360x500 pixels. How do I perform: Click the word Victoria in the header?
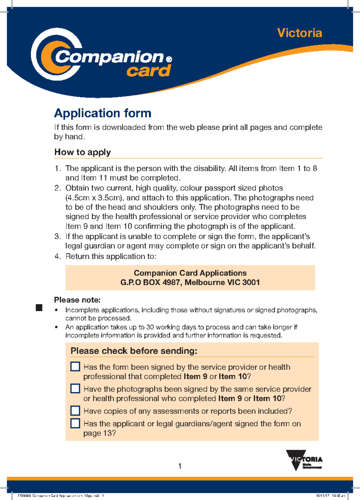point(299,33)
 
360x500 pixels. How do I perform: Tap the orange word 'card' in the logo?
point(148,71)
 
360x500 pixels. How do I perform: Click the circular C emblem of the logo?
point(54,55)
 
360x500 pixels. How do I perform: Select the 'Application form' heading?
point(103,113)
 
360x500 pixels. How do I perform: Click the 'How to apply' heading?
point(82,152)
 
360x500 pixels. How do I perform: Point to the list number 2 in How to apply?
point(57,188)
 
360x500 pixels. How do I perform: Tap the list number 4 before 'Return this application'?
point(57,256)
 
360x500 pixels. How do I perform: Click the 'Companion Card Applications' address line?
point(190,273)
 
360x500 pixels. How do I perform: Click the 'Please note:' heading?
point(77,300)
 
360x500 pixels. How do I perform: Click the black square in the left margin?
point(39,308)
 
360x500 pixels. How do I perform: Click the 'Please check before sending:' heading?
point(134,351)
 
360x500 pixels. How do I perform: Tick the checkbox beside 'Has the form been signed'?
point(75,367)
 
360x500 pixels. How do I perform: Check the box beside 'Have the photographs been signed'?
point(75,389)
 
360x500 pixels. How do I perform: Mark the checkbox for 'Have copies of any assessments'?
point(75,411)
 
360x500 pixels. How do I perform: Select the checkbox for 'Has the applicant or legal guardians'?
point(75,423)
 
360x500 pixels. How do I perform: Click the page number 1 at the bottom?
point(180,466)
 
